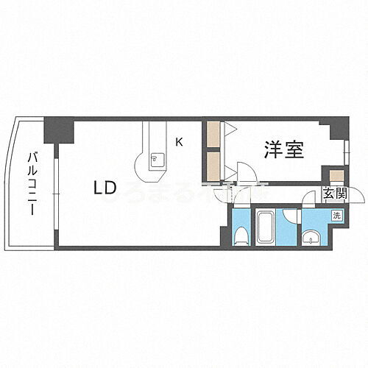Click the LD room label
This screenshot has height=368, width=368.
pos(105,187)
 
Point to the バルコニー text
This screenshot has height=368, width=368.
pos(32,183)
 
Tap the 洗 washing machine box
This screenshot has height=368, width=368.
pos(336,216)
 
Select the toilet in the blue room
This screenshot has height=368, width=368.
pos(240,234)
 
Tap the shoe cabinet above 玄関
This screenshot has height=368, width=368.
pos(336,176)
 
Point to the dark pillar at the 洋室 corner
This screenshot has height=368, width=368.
pos(337,128)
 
